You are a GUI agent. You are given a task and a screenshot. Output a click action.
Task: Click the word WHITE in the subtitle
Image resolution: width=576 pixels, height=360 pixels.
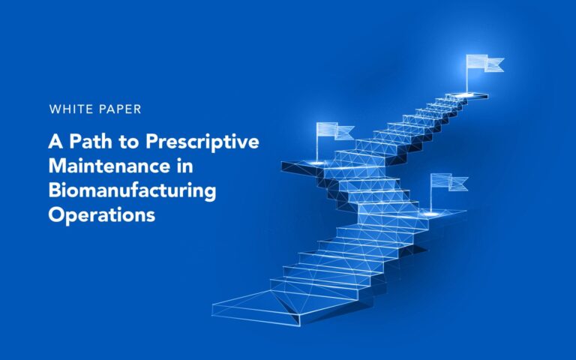(x=70, y=109)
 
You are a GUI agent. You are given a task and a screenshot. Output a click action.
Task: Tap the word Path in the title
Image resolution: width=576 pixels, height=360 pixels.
(x=91, y=142)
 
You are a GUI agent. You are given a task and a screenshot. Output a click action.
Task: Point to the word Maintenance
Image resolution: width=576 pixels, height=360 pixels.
(x=109, y=166)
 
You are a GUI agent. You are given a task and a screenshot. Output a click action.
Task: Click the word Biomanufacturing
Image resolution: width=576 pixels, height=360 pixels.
(x=132, y=191)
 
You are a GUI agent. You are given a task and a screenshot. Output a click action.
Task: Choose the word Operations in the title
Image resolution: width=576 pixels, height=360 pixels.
(x=102, y=214)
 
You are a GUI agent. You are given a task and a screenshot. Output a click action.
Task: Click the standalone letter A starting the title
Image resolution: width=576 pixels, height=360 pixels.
(x=55, y=142)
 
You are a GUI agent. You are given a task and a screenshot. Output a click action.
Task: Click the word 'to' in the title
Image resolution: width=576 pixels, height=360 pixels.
(x=128, y=142)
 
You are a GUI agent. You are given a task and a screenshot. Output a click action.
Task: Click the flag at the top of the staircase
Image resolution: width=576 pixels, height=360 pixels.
(x=485, y=63)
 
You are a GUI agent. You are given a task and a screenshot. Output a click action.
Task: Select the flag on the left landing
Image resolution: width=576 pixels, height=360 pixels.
(x=335, y=131)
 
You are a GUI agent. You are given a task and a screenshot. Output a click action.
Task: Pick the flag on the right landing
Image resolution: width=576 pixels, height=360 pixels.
(x=449, y=182)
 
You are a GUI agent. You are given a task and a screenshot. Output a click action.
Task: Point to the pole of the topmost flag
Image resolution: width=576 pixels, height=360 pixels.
(x=467, y=73)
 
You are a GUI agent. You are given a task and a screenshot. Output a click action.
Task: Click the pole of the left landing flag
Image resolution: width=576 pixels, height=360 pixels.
(x=317, y=142)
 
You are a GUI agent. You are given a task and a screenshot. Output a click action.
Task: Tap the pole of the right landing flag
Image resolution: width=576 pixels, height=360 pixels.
(x=432, y=193)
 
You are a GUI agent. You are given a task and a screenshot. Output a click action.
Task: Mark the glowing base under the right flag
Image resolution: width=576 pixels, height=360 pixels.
(x=431, y=213)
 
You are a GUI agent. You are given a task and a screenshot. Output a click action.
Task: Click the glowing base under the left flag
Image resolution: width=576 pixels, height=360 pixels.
(x=317, y=163)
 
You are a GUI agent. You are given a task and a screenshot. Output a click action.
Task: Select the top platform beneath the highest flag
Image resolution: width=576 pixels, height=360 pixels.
(x=467, y=95)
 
